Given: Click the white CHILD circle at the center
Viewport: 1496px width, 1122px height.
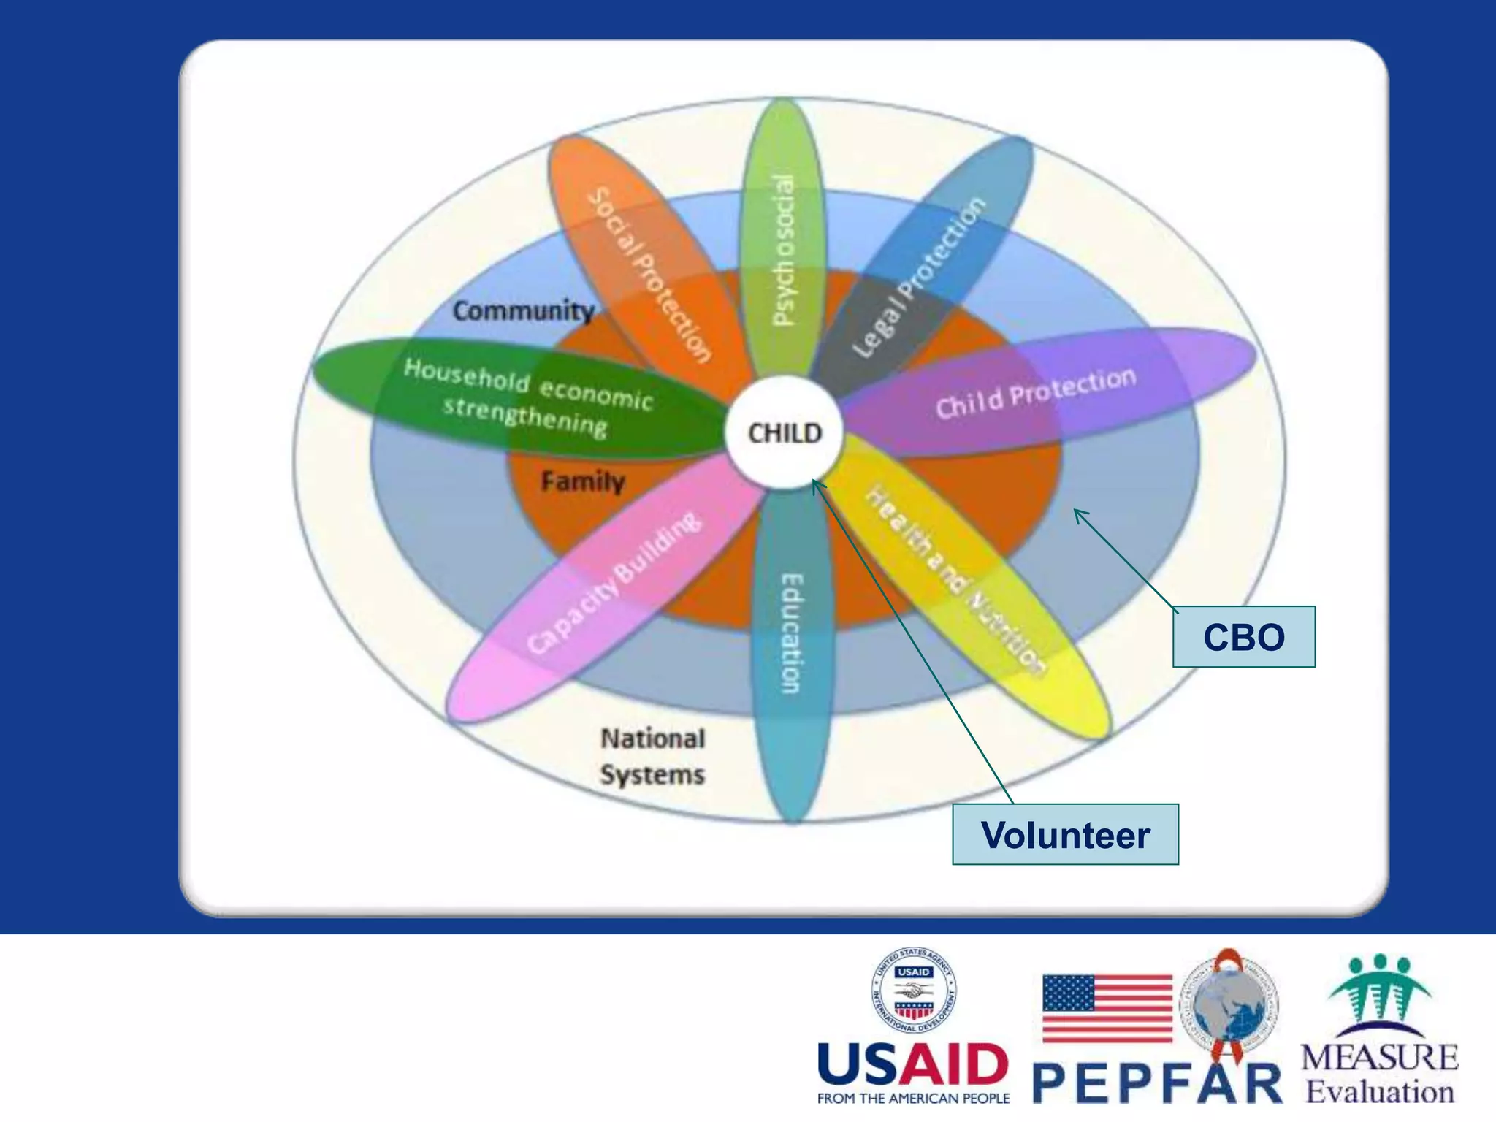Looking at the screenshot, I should coord(784,432).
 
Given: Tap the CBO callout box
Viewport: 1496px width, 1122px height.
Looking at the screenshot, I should coord(1243,636).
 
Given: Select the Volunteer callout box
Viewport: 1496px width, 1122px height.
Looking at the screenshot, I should coord(1064,834).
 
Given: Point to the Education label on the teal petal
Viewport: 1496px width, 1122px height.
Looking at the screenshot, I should coord(792,633).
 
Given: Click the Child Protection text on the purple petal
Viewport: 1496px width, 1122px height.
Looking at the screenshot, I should coord(1036,394).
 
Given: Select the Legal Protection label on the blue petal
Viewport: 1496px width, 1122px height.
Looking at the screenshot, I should coord(919,278).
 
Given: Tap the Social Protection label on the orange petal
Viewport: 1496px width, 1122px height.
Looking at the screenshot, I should coord(650,275).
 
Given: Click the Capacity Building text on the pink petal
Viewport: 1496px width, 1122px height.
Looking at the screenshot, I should coord(614,582).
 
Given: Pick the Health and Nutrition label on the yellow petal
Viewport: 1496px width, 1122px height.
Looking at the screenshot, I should coord(955,579).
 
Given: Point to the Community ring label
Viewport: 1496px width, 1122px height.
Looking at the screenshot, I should coord(523,310).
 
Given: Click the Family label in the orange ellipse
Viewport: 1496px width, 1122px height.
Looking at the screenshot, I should coord(583,481).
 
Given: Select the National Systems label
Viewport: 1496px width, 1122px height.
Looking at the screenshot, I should coord(652,756).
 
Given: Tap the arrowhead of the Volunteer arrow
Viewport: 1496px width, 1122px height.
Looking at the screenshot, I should coord(816,483).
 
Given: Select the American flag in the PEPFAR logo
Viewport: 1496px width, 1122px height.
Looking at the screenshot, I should coord(1107,1008).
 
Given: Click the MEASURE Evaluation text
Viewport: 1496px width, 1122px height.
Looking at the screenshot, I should coord(1379,1074).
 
